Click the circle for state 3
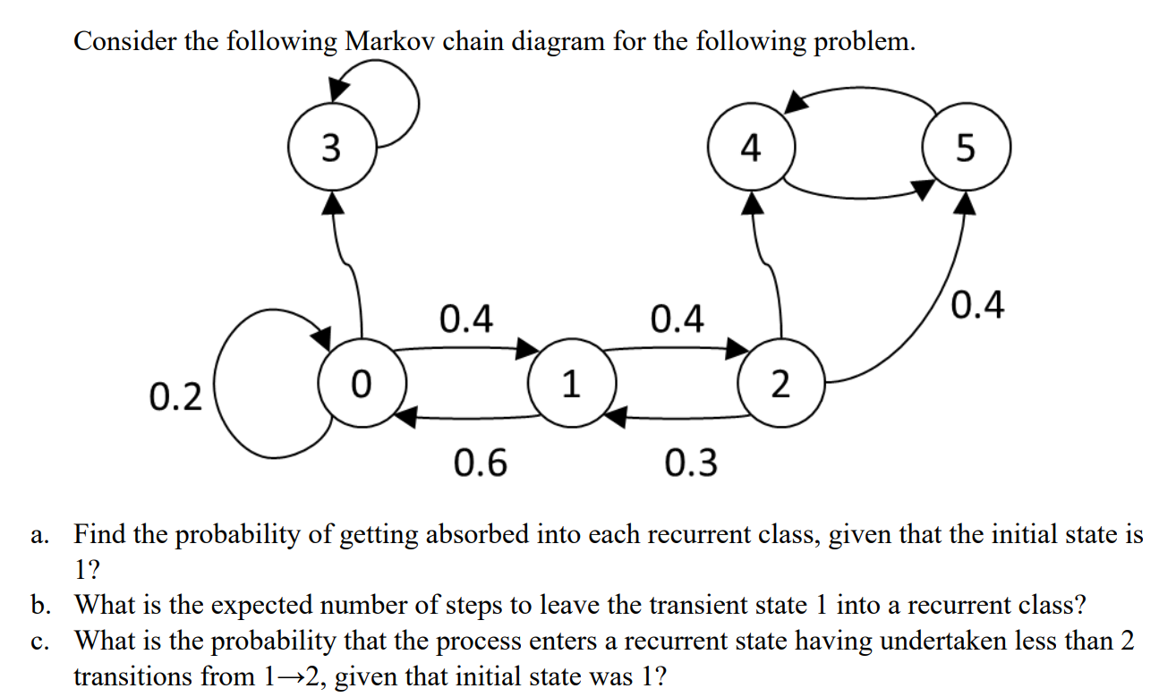332,148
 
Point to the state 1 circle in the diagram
570,384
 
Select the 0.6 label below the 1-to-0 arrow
480,463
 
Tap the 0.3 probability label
691,463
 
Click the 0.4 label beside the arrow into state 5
978,306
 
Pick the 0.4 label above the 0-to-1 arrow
466,318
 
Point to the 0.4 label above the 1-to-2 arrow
678,318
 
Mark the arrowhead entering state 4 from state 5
797,101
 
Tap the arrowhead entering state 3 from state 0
333,204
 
